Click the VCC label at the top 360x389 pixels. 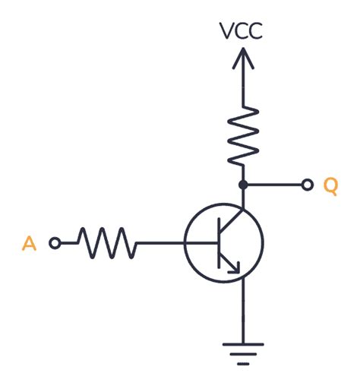[x=242, y=31]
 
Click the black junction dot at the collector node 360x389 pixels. [x=242, y=185]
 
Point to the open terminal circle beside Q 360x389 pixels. [x=308, y=185]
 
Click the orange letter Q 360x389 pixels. [x=330, y=185]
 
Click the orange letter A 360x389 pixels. [x=29, y=243]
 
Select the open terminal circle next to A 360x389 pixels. [x=55, y=243]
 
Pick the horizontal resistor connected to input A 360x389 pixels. [x=106, y=243]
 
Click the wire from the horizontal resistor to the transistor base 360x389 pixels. [x=161, y=243]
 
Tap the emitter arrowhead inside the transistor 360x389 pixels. [x=235, y=267]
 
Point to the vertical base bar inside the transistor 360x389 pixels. [x=217, y=243]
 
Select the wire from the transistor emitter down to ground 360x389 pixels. [x=242, y=312]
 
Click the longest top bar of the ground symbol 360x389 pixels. [x=242, y=344]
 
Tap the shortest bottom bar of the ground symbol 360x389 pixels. [x=242, y=364]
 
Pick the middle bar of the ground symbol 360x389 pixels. [x=242, y=354]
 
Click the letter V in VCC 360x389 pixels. [x=227, y=31]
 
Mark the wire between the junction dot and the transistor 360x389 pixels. [x=242, y=198]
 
